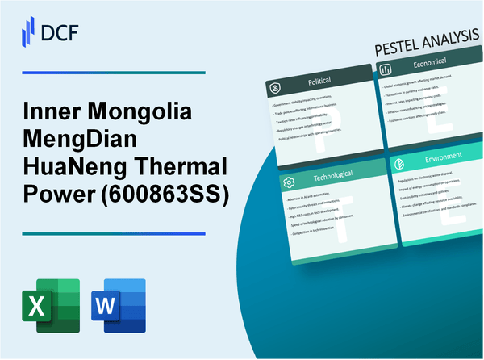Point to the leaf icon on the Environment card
tap(401, 161)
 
